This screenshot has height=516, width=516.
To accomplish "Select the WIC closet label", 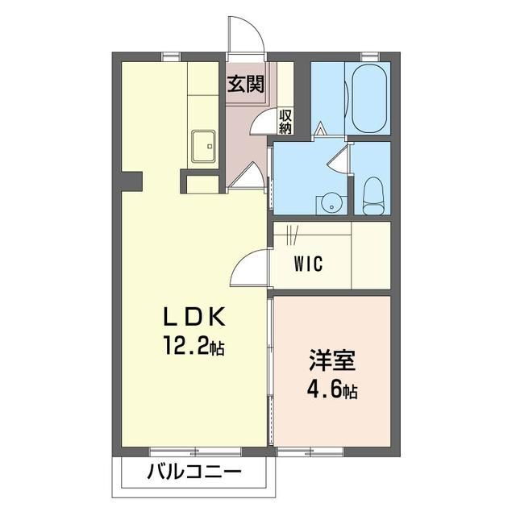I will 310,264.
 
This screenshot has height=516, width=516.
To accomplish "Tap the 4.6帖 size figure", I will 331,392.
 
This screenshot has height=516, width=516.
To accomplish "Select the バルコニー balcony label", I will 193,472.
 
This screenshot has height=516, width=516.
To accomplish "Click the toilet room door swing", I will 339,157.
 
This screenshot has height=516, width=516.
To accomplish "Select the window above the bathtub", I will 370,55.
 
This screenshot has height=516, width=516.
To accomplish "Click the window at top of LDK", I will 170,55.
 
